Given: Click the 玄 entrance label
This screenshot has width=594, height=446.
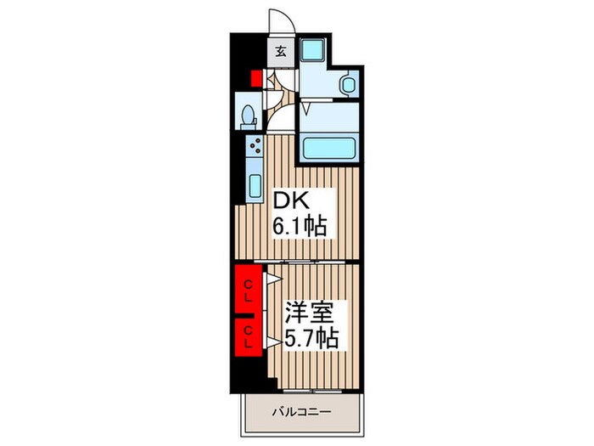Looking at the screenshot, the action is (281, 51).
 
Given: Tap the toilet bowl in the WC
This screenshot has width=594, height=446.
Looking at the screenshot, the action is (249, 115).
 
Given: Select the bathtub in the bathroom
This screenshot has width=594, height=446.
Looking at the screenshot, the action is (329, 148).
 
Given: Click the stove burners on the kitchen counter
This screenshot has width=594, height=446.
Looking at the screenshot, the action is (255, 145).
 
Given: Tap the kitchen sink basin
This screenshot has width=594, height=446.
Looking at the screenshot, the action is (255, 186).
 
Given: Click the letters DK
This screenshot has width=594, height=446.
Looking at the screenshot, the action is (291, 200).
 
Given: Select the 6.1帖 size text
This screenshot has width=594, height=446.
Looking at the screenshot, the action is (300, 227).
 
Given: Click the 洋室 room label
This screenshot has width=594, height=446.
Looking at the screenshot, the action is (310, 313).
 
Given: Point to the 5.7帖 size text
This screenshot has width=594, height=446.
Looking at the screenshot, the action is (311, 338).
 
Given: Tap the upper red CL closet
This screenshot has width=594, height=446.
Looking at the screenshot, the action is (248, 290).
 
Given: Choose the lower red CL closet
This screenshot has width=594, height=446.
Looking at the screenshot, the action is (248, 337).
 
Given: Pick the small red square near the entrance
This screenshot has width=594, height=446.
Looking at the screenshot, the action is (256, 78).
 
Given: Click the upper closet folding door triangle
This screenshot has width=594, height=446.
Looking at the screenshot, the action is (274, 279).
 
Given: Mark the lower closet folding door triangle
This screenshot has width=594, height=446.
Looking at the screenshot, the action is (273, 342).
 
